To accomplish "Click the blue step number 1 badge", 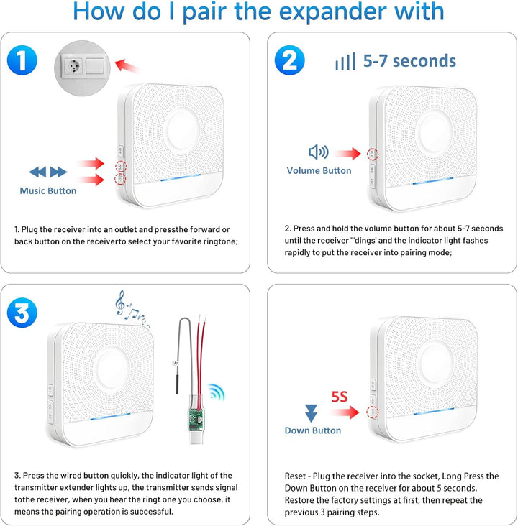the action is (22, 60).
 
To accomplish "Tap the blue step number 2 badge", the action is (289, 60).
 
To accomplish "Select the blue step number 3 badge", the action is (22, 313).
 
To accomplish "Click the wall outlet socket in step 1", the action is (72, 66).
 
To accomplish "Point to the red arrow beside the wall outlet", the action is (127, 66).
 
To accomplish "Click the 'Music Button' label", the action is (48, 190).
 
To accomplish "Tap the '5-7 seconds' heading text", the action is (409, 61).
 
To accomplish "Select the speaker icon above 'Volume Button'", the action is (319, 152).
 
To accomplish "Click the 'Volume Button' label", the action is (319, 170).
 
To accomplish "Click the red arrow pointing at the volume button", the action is (348, 154).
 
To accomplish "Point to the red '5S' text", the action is (340, 397).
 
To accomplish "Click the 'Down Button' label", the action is (313, 430).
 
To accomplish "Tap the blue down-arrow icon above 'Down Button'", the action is (311, 413).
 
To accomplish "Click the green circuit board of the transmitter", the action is (195, 417).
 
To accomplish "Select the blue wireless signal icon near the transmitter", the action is (216, 392).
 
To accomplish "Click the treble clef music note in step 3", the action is (120, 303).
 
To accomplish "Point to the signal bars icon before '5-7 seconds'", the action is (345, 62).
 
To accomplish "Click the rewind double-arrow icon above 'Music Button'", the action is (37, 172).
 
